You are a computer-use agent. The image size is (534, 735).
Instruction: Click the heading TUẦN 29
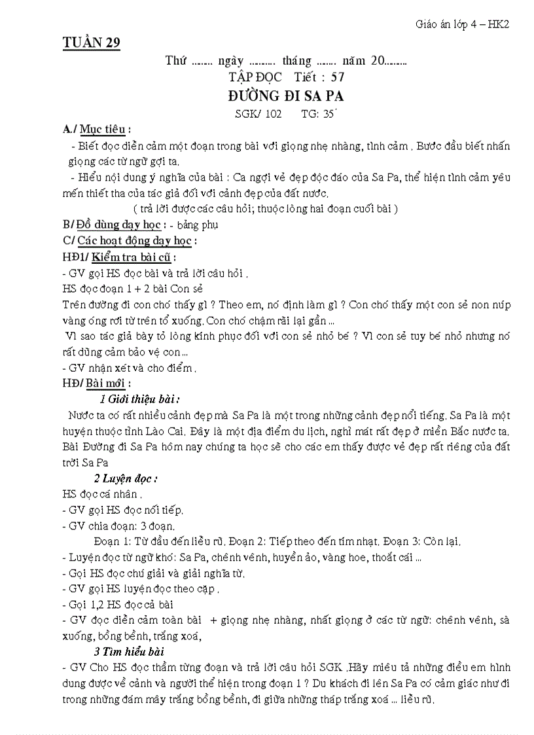point(91,43)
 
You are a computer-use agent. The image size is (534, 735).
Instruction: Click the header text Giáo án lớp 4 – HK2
point(462,24)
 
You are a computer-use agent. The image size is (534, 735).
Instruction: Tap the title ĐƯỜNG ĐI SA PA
point(286,96)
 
